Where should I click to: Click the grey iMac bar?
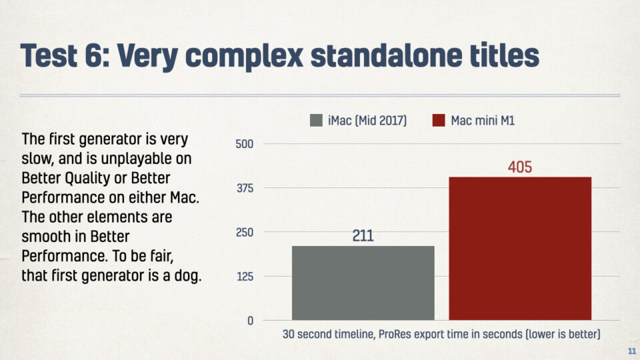point(363,283)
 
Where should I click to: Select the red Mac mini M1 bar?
point(520,249)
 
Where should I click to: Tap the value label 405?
point(520,167)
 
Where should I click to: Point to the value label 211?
point(363,235)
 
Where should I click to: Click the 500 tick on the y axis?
point(245,144)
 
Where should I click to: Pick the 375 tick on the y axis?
point(245,188)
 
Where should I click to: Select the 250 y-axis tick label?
point(245,232)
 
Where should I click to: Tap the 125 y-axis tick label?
point(245,277)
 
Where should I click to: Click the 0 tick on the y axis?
point(250,321)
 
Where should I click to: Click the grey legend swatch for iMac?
point(316,121)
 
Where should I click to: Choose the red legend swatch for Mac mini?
point(439,121)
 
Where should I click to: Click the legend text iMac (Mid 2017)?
point(367,121)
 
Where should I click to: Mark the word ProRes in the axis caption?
point(395,334)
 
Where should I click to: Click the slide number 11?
point(632,351)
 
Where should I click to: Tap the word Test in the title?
point(49,55)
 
